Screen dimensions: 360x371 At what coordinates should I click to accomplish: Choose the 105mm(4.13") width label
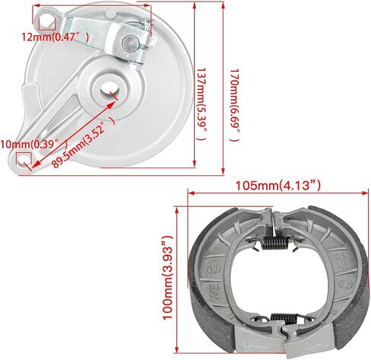pyautogui.click(x=277, y=183)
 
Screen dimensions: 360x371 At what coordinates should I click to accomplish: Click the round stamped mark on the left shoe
pyautogui.click(x=214, y=269)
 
